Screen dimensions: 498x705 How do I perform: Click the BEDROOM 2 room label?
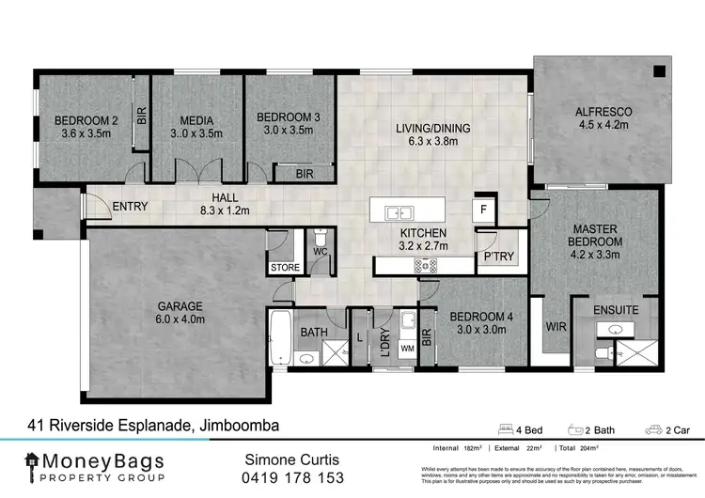click(86, 120)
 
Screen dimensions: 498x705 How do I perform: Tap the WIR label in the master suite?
click(554, 328)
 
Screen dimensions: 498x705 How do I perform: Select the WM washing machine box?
click(407, 348)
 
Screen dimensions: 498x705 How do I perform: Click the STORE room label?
click(285, 268)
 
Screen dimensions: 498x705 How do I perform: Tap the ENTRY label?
click(131, 207)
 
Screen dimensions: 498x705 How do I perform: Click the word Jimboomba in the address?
click(238, 426)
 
